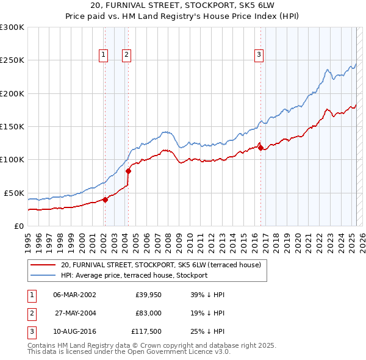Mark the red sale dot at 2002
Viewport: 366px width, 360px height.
point(105,200)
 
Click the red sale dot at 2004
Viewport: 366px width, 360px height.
point(128,171)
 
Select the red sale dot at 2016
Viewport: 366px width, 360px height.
point(260,148)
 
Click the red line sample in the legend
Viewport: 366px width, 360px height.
point(43,265)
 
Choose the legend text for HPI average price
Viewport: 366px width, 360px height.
point(134,275)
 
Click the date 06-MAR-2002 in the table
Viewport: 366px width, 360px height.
point(75,294)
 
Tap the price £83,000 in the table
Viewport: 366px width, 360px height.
point(148,314)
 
